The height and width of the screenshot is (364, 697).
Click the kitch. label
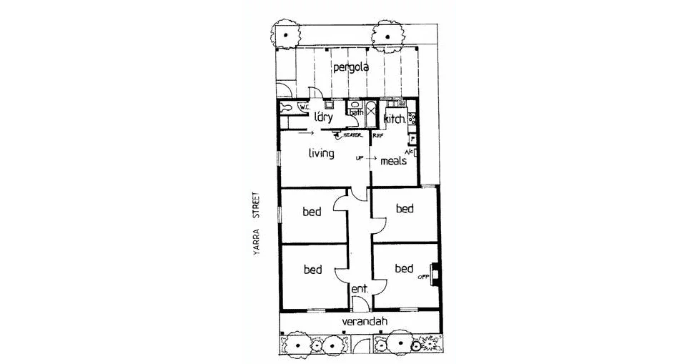click(x=394, y=119)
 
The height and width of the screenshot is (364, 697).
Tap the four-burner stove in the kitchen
click(x=411, y=119)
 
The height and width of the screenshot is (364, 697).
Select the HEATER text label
click(x=352, y=135)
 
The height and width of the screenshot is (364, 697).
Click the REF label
click(x=378, y=135)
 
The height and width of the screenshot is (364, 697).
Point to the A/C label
click(x=409, y=152)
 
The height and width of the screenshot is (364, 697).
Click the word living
click(x=321, y=153)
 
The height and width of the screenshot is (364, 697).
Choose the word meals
click(x=393, y=161)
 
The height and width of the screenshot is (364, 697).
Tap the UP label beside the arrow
click(x=360, y=158)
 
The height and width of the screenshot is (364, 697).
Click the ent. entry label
click(x=359, y=289)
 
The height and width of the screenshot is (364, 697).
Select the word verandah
click(x=365, y=322)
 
